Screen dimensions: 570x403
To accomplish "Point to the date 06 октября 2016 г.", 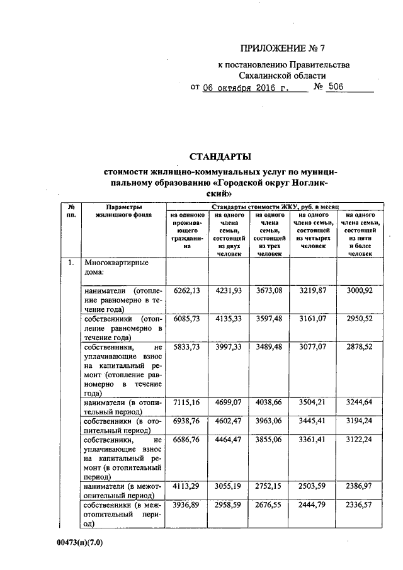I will (247, 88).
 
